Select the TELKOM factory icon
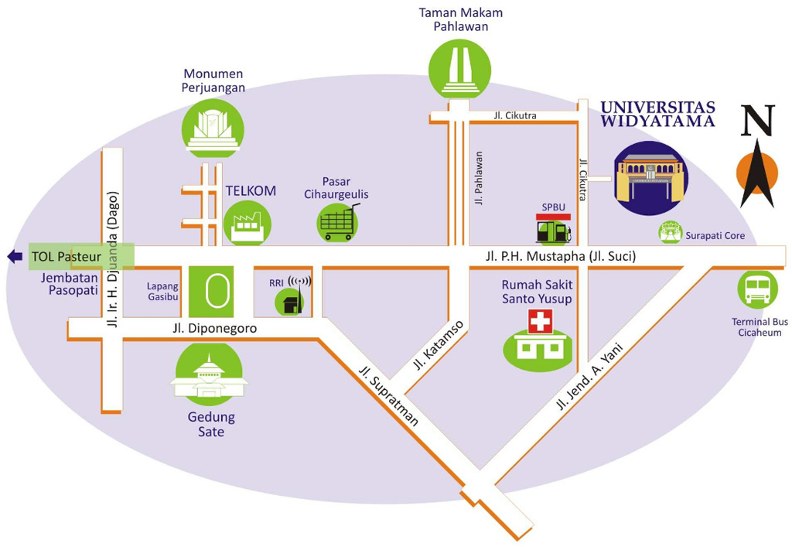[247, 224]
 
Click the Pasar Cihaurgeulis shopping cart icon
[339, 222]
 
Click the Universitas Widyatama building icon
[649, 178]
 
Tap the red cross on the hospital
[538, 321]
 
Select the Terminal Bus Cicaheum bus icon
[756, 289]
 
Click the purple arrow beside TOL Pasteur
[14, 256]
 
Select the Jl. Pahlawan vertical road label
[479, 179]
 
